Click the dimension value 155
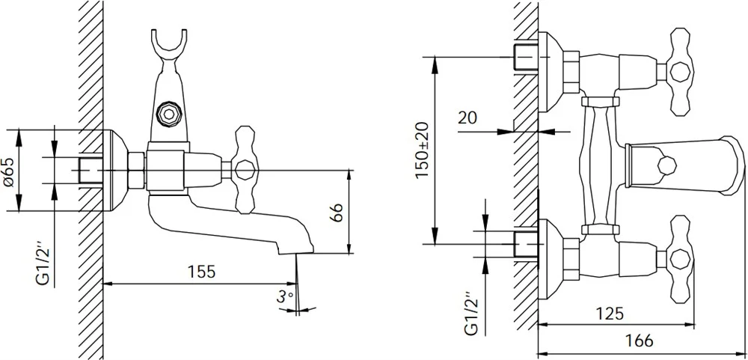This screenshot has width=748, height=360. pyautogui.click(x=201, y=271)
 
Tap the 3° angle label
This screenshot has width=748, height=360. pyautogui.click(x=285, y=297)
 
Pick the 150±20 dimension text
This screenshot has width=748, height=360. pyautogui.click(x=422, y=150)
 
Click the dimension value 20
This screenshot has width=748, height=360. pyautogui.click(x=468, y=118)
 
